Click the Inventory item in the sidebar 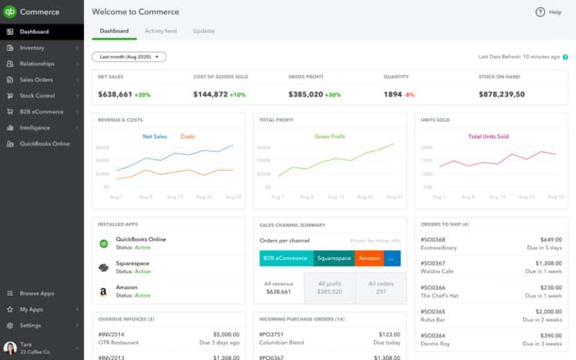coord(32,48)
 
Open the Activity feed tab coord(160,31)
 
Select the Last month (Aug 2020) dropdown coord(129,57)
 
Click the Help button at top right coord(548,12)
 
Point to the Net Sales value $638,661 coord(115,94)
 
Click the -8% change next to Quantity coord(409,94)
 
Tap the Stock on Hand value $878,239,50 coord(501,94)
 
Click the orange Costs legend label coord(187,137)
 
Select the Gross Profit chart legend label coord(330,137)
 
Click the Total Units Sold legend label coord(488,137)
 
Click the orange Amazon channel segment coord(369,258)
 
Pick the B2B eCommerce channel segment coord(286,258)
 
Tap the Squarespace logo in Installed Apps coord(103,267)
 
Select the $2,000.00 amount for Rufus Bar coord(549,311)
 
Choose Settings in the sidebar coord(30,325)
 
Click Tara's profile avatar coord(10,348)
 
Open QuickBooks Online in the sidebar coord(44,144)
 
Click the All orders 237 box coord(381,287)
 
